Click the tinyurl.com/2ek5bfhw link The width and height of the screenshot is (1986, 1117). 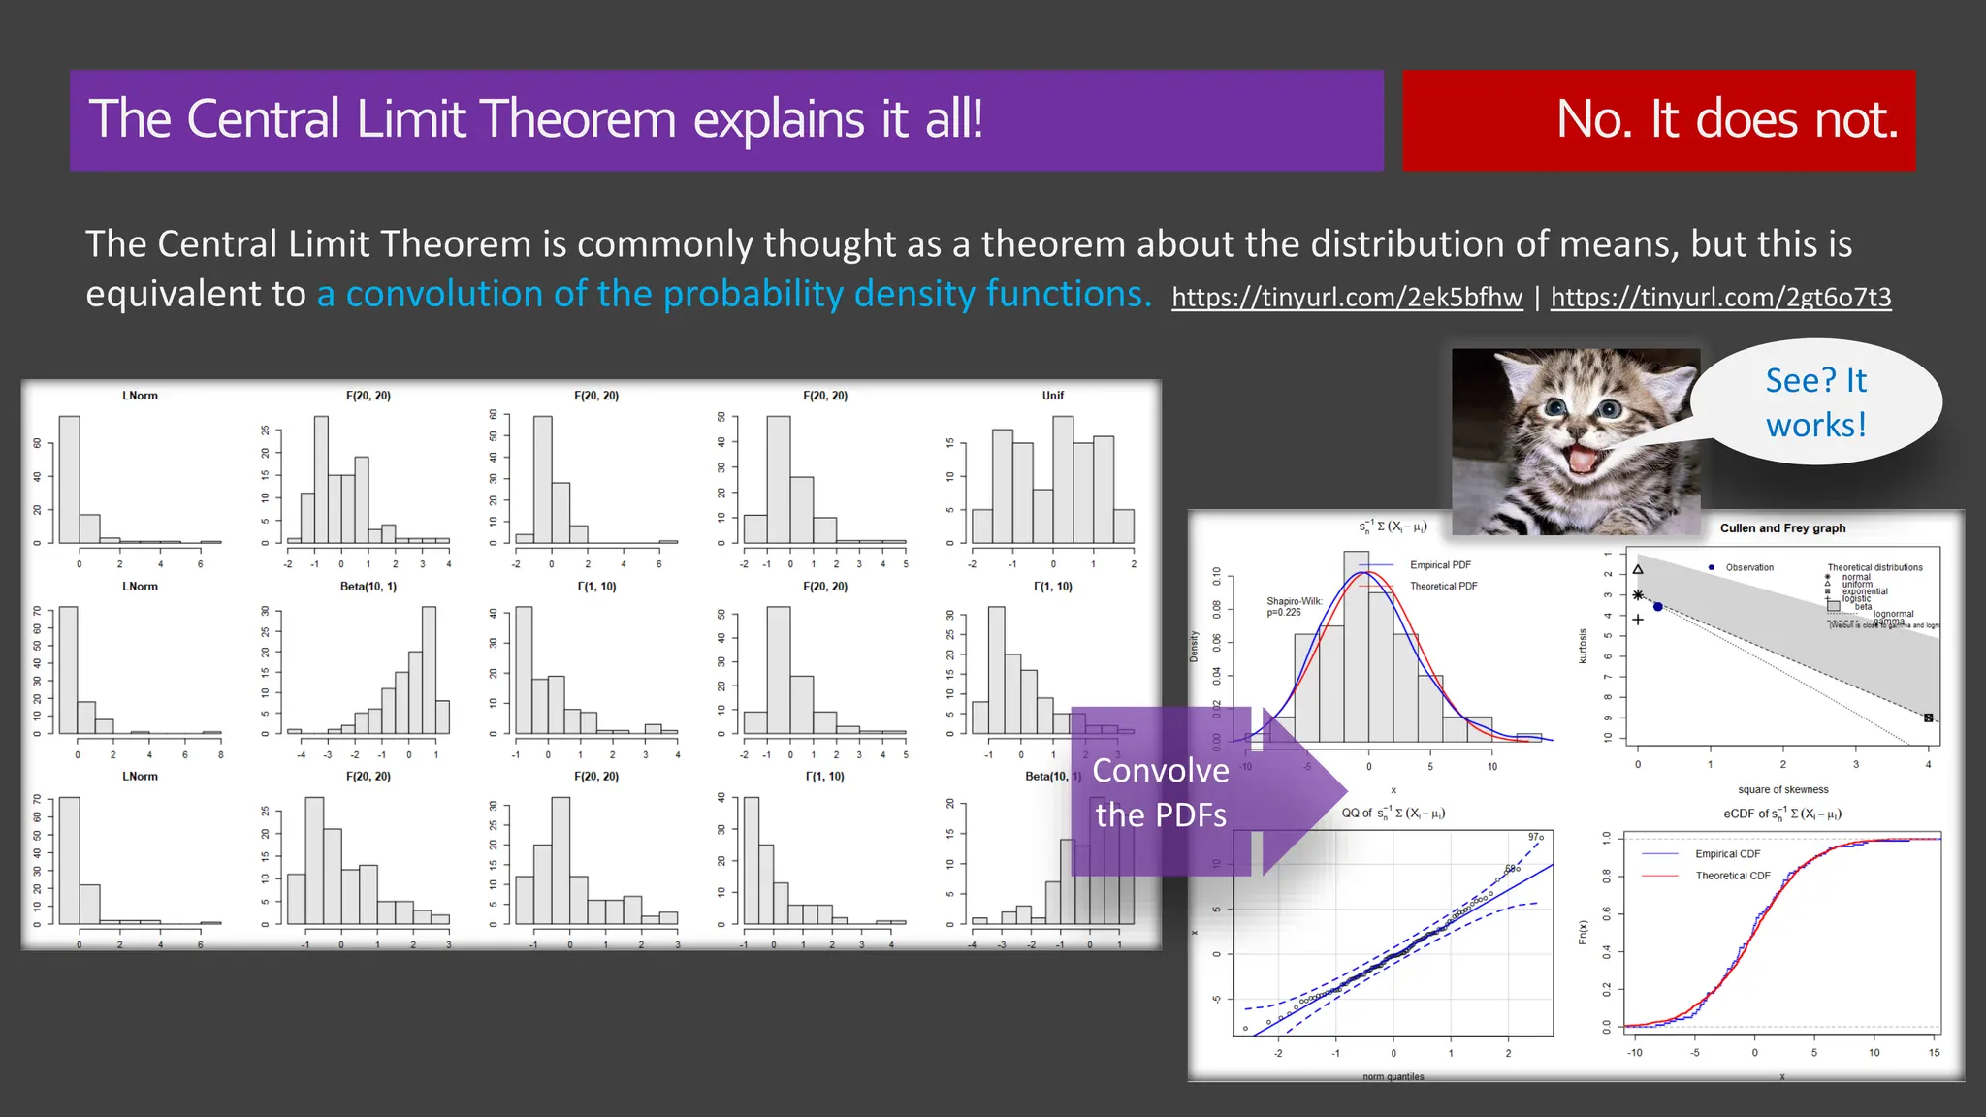(x=1346, y=297)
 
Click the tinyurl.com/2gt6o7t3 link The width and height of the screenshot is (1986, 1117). (x=1720, y=297)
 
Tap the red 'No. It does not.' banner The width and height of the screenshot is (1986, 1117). (x=1658, y=120)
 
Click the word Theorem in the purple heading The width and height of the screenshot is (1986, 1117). (x=577, y=120)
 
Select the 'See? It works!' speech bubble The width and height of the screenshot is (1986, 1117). (x=1815, y=402)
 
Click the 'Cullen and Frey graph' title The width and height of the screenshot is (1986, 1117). (x=1782, y=528)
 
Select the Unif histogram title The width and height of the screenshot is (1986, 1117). (x=1052, y=396)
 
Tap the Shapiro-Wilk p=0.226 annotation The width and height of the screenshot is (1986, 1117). (x=1294, y=607)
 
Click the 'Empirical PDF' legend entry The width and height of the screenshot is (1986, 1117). (x=1440, y=565)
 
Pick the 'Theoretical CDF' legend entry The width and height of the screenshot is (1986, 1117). (x=1732, y=876)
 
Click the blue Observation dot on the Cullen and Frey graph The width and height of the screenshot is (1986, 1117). (x=1658, y=607)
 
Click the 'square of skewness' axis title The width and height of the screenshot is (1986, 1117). (x=1782, y=790)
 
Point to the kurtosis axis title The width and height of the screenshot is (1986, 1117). (x=1583, y=646)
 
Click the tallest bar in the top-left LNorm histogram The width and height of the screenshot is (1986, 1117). (x=69, y=479)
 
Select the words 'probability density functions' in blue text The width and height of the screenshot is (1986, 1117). (x=907, y=294)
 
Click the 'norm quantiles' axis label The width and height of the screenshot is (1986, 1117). (x=1393, y=1076)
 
